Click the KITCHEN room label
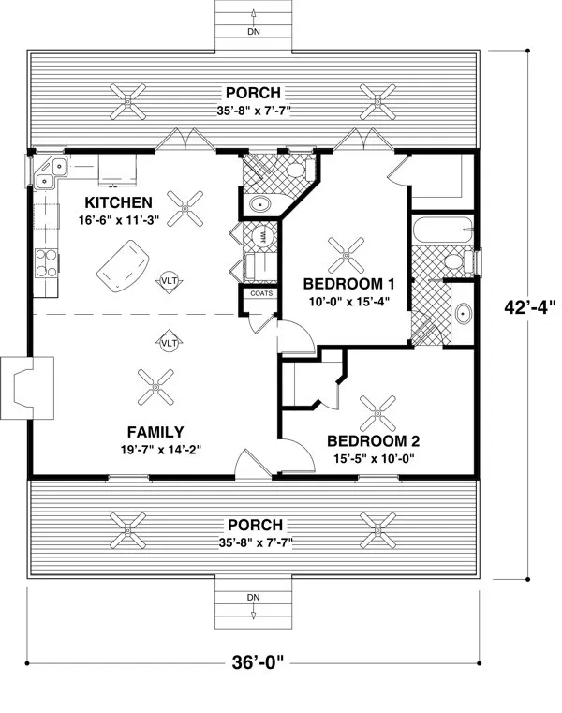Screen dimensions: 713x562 pyautogui.click(x=118, y=202)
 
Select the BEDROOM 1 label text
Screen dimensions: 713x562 pyautogui.click(x=343, y=284)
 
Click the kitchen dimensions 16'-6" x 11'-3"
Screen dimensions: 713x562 pyautogui.click(x=118, y=221)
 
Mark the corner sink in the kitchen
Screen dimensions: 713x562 pyautogui.click(x=46, y=171)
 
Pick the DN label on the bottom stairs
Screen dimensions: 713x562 pyautogui.click(x=253, y=597)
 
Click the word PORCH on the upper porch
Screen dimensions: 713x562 pyautogui.click(x=253, y=92)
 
